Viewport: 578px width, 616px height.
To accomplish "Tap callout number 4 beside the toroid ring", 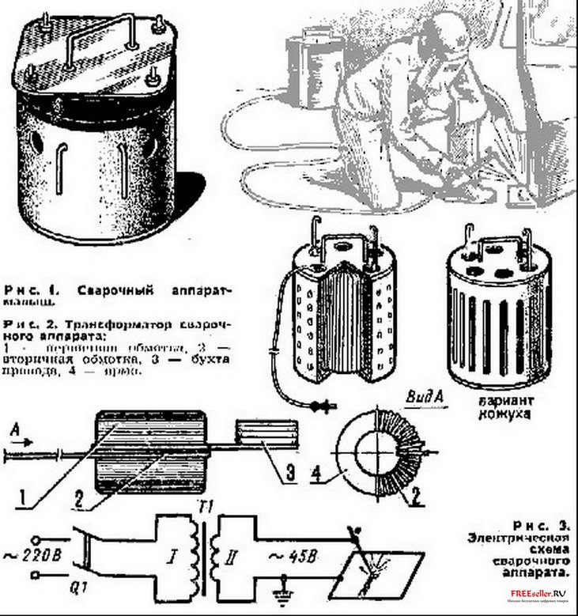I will [316, 475].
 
